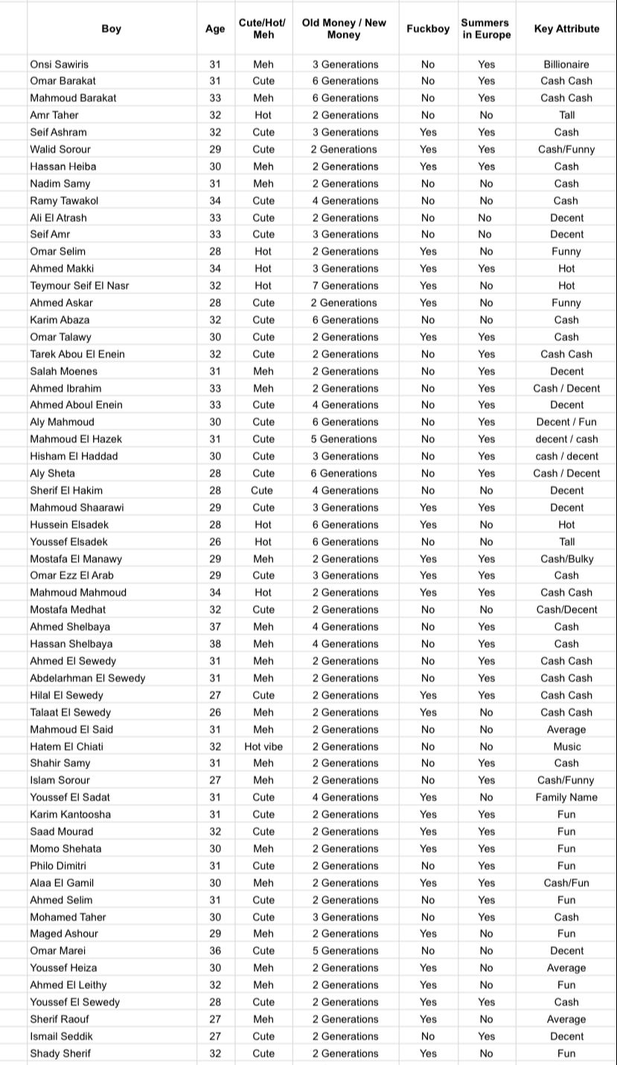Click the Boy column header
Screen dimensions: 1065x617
click(x=111, y=29)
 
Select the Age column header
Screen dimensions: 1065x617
click(x=215, y=29)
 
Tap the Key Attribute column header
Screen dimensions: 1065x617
click(x=566, y=29)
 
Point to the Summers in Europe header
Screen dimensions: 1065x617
click(x=485, y=29)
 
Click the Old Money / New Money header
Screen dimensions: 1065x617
click(x=344, y=29)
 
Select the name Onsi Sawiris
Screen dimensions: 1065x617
click(x=59, y=64)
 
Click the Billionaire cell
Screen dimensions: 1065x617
click(x=566, y=64)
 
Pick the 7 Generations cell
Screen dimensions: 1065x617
click(x=345, y=285)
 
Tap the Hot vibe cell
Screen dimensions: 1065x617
click(x=263, y=746)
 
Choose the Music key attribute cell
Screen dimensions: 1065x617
click(x=566, y=746)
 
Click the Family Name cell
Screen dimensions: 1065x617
click(x=566, y=797)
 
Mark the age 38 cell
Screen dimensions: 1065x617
click(x=215, y=643)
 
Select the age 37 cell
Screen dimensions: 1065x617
click(x=215, y=626)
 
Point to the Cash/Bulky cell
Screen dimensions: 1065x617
click(x=566, y=559)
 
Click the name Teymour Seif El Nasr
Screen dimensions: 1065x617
click(x=79, y=285)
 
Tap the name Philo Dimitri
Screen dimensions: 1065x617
click(x=58, y=865)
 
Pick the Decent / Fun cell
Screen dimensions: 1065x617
click(x=566, y=422)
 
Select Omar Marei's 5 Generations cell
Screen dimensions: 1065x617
click(x=345, y=950)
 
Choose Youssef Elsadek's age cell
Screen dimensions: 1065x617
click(x=215, y=541)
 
